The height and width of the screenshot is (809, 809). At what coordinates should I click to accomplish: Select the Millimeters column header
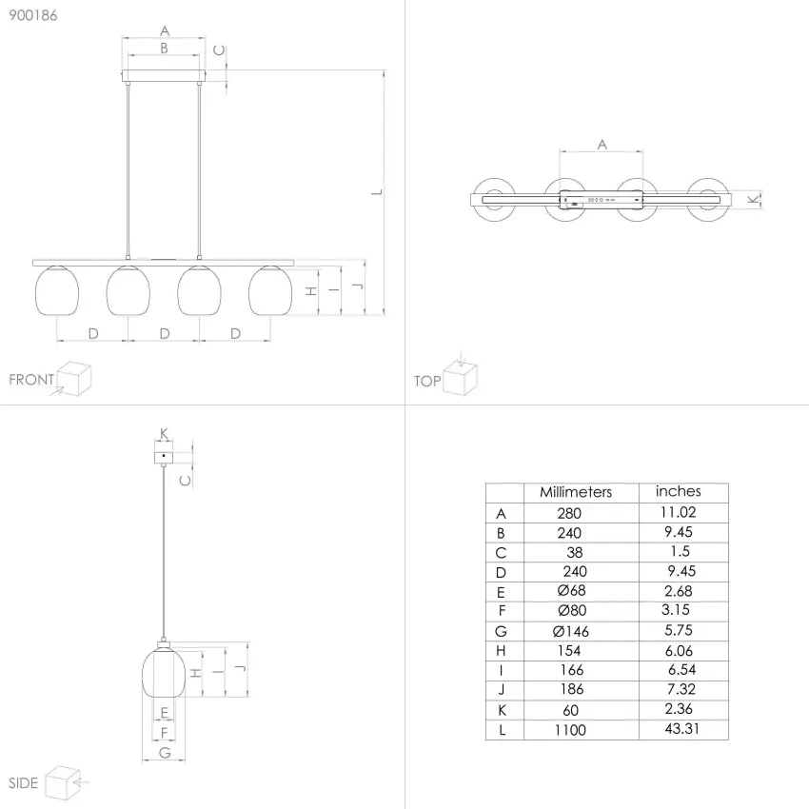click(x=576, y=492)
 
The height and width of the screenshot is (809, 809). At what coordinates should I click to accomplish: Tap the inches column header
click(x=678, y=491)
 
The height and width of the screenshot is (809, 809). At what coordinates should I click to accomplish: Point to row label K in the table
click(x=502, y=710)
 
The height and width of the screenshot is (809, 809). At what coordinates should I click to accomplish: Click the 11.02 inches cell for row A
click(x=680, y=512)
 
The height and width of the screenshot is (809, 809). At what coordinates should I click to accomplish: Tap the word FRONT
click(x=31, y=380)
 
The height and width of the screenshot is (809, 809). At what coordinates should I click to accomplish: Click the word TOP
click(x=427, y=382)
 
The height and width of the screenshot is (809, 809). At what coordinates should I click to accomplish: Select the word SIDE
click(x=24, y=783)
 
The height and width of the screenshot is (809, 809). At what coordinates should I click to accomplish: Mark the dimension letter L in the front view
click(x=377, y=191)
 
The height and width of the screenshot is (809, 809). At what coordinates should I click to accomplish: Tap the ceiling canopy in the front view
click(x=165, y=75)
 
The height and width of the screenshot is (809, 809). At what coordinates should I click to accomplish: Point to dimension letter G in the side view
click(x=165, y=753)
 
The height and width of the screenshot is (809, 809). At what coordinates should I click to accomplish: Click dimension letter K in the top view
click(x=754, y=199)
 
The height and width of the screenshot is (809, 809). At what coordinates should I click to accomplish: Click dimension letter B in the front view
click(x=164, y=48)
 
